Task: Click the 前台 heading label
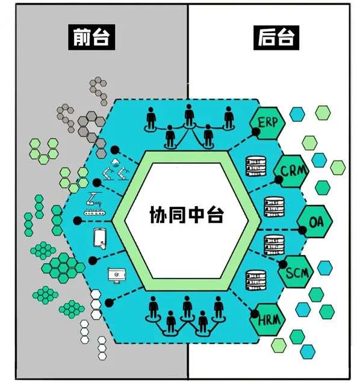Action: click(92, 37)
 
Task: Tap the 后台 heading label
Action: click(276, 38)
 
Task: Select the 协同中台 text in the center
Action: click(187, 215)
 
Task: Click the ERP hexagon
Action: click(267, 123)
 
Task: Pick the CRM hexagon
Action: click(291, 171)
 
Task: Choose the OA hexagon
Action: click(315, 221)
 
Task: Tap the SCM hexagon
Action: click(296, 272)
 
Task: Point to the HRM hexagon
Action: click(267, 320)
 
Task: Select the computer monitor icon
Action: click(117, 275)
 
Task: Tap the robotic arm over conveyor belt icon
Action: click(95, 204)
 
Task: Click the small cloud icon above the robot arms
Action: click(115, 162)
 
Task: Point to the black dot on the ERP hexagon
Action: click(256, 132)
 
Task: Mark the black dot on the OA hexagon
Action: click(302, 230)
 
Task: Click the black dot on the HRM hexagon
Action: click(255, 314)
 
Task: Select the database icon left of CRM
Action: click(256, 166)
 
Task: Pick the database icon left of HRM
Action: click(256, 280)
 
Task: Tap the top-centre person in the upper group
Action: click(189, 116)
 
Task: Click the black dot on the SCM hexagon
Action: click(283, 265)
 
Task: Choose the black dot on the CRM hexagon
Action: click(279, 180)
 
